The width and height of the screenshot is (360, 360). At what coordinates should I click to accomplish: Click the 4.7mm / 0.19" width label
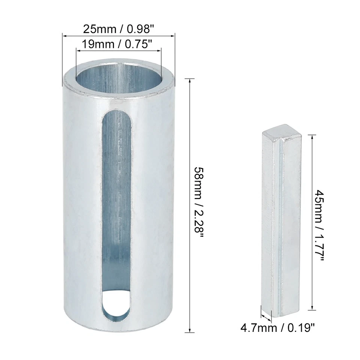277,328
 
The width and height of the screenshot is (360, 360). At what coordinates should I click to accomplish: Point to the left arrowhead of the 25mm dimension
64,36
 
